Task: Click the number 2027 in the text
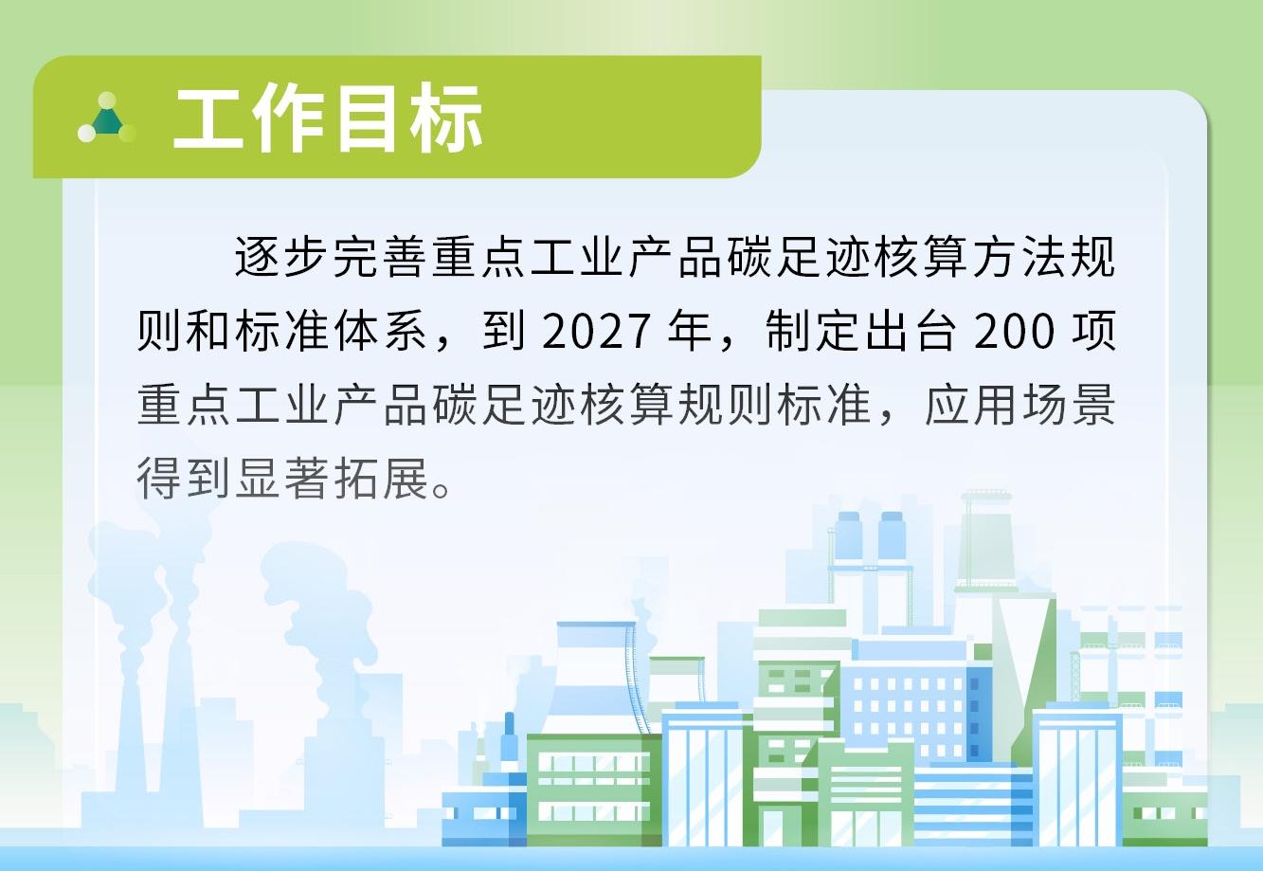(x=596, y=331)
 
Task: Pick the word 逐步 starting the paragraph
(x=280, y=257)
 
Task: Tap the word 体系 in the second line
(x=379, y=331)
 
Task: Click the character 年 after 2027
(x=689, y=331)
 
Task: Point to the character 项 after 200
(x=1093, y=331)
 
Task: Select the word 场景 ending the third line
(x=1069, y=405)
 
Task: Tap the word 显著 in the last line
(x=280, y=479)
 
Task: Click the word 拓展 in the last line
(x=379, y=479)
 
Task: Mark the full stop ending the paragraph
(x=441, y=488)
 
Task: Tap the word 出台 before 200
(x=911, y=331)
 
